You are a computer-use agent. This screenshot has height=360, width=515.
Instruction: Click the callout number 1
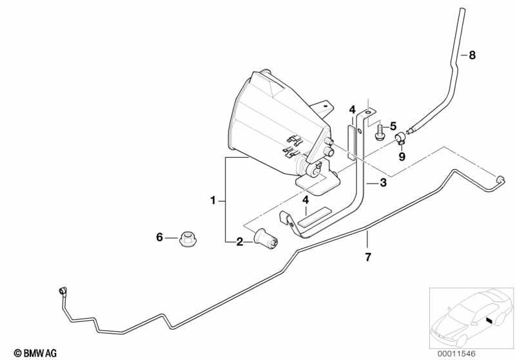213,201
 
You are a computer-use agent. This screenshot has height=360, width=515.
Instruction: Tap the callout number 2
239,242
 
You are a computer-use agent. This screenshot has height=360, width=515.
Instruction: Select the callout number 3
383,183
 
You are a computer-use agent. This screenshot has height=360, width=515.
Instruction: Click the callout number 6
160,237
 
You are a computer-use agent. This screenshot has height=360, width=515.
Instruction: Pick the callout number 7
368,257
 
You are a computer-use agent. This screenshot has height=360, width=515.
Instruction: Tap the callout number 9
401,156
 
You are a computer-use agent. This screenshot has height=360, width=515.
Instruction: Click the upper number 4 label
353,109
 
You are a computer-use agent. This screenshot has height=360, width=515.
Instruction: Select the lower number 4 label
306,200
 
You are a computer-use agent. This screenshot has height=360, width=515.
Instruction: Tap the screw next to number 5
380,133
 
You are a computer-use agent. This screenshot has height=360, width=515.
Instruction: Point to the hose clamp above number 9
400,137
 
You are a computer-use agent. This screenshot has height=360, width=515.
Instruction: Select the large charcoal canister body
273,122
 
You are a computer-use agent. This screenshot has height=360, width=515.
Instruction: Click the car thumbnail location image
469,316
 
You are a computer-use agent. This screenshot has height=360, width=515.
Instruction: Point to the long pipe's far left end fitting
63,292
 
